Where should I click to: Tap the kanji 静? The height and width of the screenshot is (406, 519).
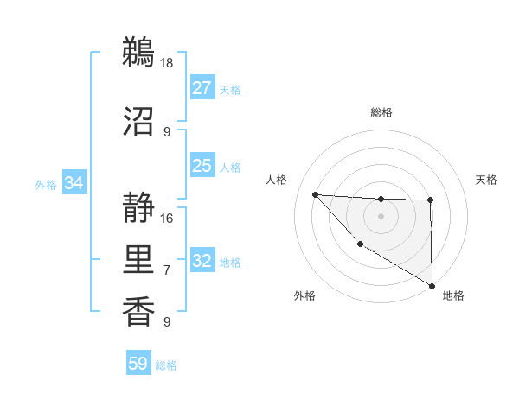(138, 207)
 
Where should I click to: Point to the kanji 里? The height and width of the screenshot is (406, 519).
(138, 258)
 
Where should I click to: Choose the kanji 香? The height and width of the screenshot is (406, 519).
(138, 310)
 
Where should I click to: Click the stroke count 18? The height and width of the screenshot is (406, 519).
(168, 63)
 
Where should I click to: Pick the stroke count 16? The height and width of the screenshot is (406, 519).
(168, 218)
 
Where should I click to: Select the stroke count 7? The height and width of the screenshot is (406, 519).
(167, 270)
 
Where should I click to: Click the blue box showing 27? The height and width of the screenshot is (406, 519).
(202, 88)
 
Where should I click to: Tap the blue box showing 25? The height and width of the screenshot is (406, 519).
(202, 166)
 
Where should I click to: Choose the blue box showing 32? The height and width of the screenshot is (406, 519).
(202, 261)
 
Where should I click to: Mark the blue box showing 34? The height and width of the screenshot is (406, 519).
(74, 183)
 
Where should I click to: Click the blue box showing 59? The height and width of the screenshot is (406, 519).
(138, 364)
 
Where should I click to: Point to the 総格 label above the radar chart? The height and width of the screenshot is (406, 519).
(381, 112)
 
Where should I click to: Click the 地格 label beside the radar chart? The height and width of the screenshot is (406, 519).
(453, 295)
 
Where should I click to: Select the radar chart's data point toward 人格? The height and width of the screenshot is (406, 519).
(315, 194)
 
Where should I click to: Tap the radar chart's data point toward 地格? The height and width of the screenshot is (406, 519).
(432, 285)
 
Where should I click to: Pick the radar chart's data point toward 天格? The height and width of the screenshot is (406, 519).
(430, 200)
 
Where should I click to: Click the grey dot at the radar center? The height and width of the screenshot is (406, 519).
(381, 215)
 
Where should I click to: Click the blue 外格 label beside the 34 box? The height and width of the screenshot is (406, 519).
(46, 184)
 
